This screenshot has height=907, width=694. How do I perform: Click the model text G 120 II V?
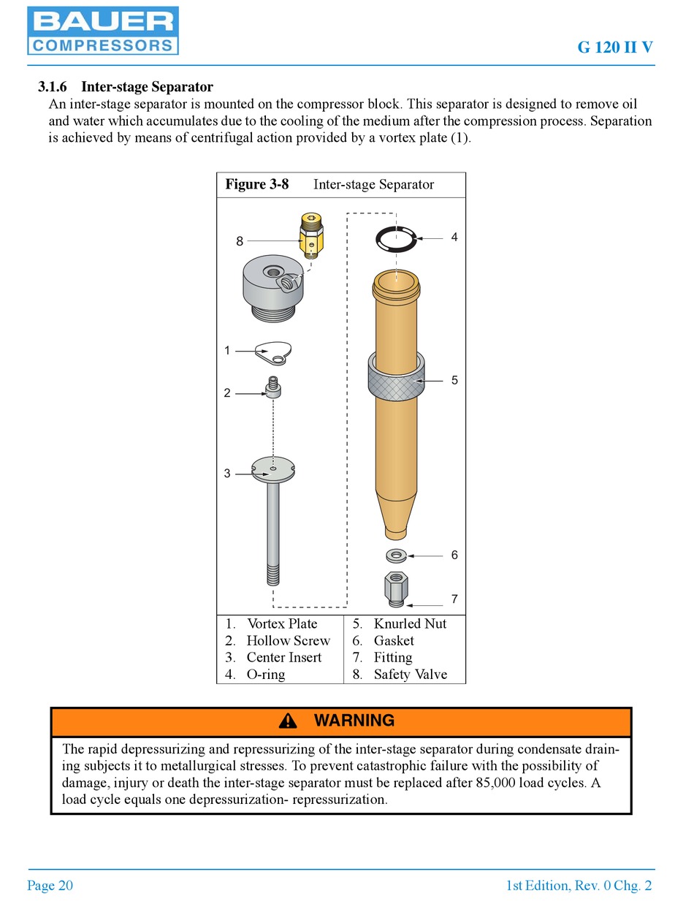[615, 48]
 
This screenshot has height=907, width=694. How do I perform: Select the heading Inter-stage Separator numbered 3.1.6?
[126, 88]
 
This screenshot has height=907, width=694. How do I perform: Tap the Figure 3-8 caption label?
[256, 185]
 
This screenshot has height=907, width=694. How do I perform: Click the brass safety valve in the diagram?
[312, 235]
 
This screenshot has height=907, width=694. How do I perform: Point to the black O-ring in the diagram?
[395, 238]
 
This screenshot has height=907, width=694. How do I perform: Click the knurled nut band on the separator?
[397, 381]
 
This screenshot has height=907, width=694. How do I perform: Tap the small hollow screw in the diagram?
[273, 387]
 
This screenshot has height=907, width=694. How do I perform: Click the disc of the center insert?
[272, 470]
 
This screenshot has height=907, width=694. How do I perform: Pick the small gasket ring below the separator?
[396, 555]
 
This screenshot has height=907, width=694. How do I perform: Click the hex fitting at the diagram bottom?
[396, 588]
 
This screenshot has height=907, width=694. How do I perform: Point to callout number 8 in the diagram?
[240, 242]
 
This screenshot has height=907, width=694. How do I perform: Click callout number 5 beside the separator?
[454, 380]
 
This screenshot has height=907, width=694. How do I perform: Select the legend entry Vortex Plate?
[282, 623]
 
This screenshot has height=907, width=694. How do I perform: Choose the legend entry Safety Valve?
[410, 675]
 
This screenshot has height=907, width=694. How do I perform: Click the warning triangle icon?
[288, 721]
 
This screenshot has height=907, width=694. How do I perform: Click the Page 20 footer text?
[50, 886]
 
